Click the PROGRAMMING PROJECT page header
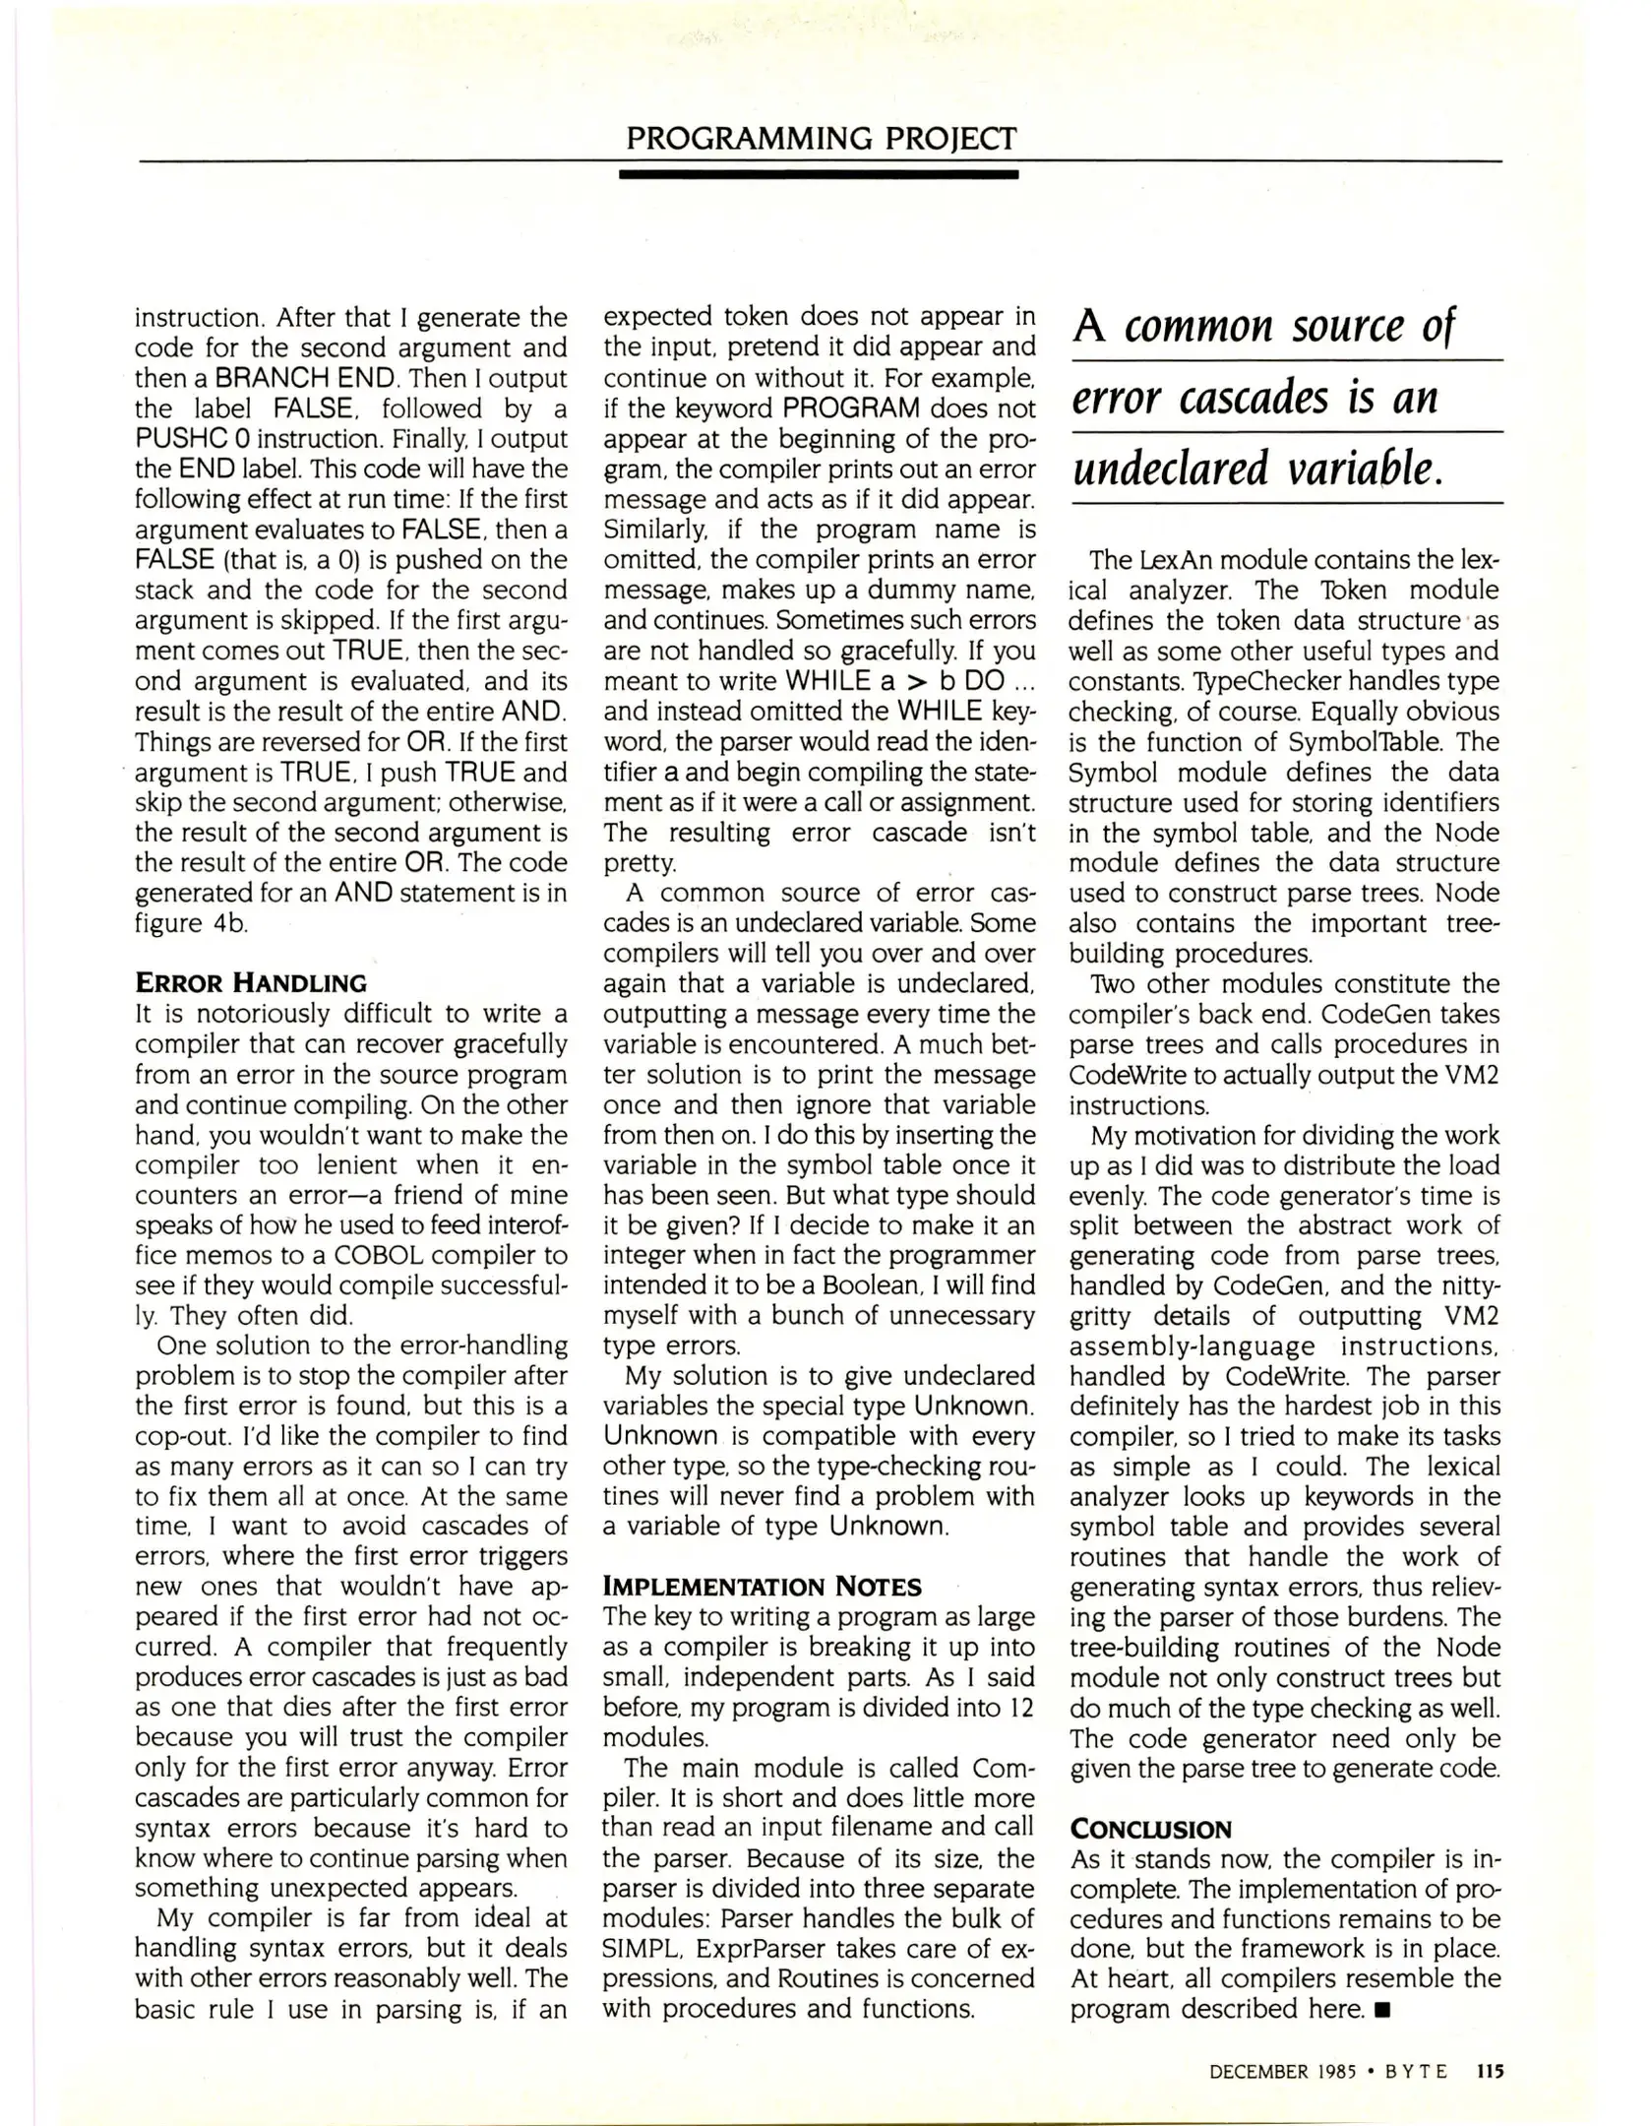click(821, 138)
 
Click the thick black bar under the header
click(819, 175)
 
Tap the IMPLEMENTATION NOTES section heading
click(763, 1586)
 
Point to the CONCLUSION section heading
click(1150, 1829)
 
